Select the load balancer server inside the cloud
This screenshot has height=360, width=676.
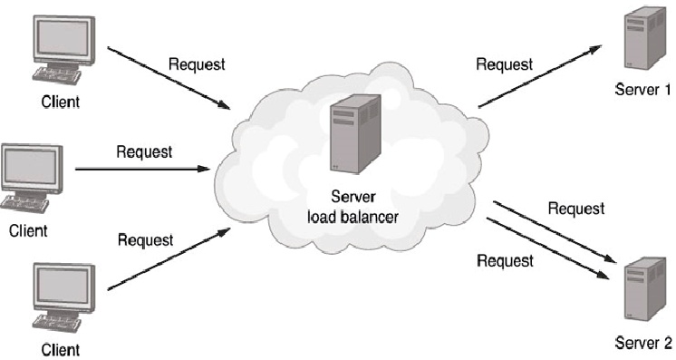[x=348, y=137]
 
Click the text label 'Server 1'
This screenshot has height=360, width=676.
[x=642, y=90]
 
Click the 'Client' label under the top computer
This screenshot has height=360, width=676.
[x=60, y=102]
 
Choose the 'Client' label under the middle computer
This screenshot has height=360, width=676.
[x=28, y=230]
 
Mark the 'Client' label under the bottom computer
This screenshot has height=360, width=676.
[x=60, y=348]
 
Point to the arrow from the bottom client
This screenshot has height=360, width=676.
[x=169, y=260]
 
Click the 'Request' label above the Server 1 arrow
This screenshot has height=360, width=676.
[x=504, y=64]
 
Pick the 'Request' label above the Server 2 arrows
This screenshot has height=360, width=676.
[x=575, y=209]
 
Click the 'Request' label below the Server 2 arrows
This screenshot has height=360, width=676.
[x=504, y=261]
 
